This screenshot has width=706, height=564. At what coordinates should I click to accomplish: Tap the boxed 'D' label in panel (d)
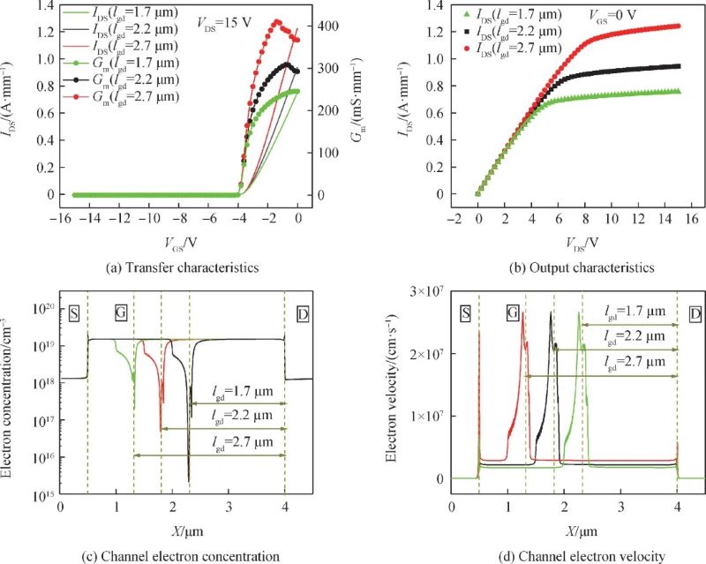click(x=695, y=312)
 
